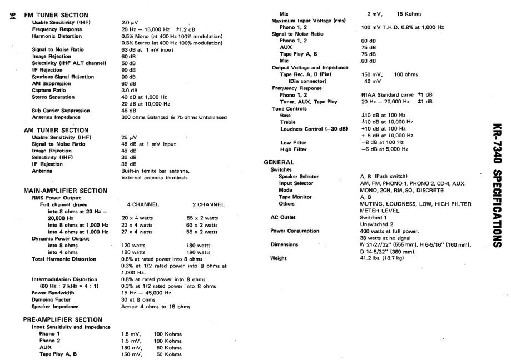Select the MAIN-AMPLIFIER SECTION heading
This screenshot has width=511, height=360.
(x=65, y=190)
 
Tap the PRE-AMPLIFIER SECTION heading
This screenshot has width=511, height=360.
(x=63, y=319)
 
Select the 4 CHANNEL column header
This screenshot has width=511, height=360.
(x=137, y=204)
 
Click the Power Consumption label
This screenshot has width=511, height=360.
(x=295, y=231)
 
